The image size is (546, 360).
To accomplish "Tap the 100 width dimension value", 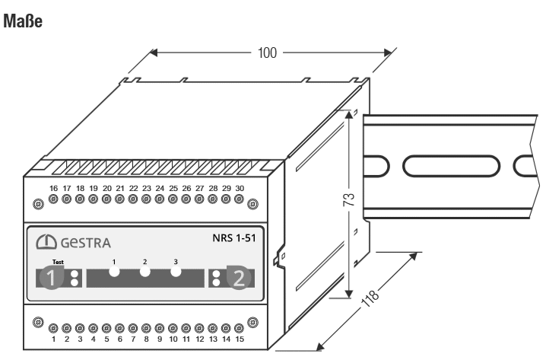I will [x=265, y=54].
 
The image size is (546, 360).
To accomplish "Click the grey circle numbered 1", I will [x=52, y=278].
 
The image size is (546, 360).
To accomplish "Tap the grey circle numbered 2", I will [x=239, y=278].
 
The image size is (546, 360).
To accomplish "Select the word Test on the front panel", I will [x=47, y=261].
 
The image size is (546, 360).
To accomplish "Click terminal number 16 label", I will [x=53, y=188].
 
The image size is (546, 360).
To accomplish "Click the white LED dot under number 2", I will [x=144, y=272].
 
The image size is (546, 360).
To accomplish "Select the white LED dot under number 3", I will [x=175, y=272].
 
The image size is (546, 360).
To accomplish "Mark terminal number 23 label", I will [x=146, y=188].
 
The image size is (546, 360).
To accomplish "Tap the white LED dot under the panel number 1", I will [x=114, y=272].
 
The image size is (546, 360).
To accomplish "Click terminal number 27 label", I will [x=199, y=188].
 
